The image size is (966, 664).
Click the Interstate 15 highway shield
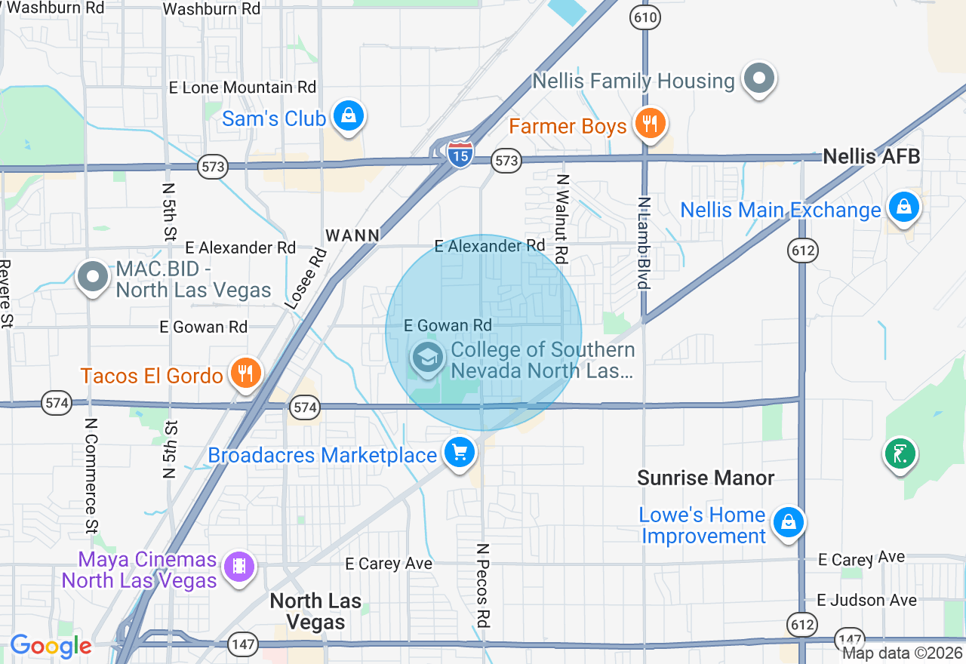click(460, 154)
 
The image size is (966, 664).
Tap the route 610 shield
click(647, 17)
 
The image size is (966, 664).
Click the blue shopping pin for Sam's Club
click(349, 116)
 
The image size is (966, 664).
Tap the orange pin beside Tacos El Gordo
click(245, 373)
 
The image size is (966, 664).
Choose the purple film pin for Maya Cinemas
click(239, 567)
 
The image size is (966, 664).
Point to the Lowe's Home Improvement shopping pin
click(789, 522)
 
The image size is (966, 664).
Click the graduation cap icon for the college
click(428, 357)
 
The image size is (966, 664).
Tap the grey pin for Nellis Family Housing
click(759, 78)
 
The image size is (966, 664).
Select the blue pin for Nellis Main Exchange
click(903, 206)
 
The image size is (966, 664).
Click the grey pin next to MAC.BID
click(94, 276)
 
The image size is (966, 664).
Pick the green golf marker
click(900, 453)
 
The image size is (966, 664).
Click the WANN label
click(352, 235)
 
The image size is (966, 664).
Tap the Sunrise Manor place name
click(706, 478)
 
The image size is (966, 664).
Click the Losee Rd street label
click(306, 278)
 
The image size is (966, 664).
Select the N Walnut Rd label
click(561, 219)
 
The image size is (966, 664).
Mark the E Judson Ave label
click(867, 600)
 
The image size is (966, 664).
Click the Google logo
click(51, 646)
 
